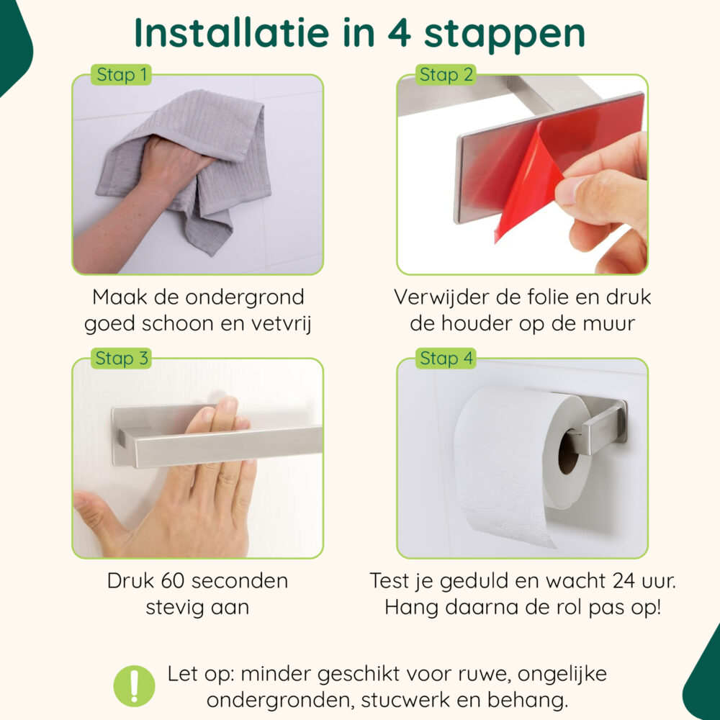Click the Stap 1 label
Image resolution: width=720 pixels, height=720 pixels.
(121, 75)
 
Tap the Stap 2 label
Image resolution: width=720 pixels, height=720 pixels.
(446, 75)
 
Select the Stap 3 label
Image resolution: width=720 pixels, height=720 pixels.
(121, 359)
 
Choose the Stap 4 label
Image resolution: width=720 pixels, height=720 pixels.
(446, 359)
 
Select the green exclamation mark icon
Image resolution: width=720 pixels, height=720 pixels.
(134, 685)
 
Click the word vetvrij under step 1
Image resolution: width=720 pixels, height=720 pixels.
(276, 323)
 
